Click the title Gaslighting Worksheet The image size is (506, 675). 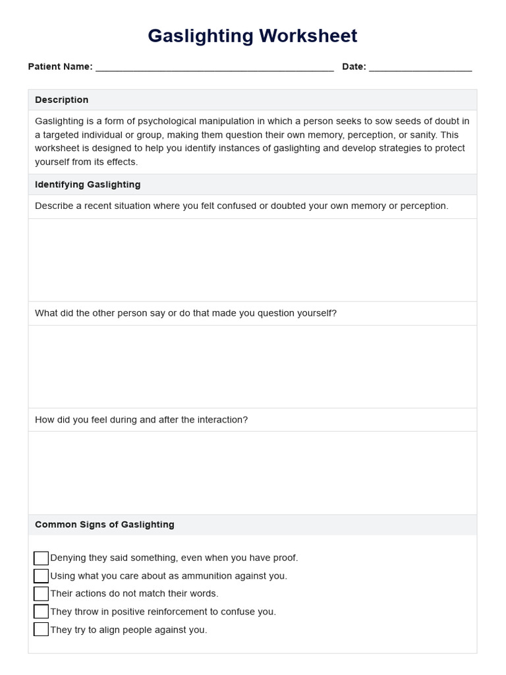coord(252,36)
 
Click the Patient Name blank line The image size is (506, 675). coord(214,67)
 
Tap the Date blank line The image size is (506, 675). coord(420,67)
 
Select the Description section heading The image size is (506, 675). coord(61,100)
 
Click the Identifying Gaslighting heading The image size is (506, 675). coord(88,185)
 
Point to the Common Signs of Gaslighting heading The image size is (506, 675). coord(104,525)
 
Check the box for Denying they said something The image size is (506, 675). coord(41,558)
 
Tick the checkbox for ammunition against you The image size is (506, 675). coord(41,576)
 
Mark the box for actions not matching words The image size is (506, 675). coord(41,594)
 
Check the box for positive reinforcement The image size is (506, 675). coord(41,612)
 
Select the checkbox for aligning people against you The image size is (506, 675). coord(41,630)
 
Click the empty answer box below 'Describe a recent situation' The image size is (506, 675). coord(252,260)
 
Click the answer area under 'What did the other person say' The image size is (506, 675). coord(252,367)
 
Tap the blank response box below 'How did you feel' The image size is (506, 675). coord(252,473)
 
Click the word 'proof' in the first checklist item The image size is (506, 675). coord(284,558)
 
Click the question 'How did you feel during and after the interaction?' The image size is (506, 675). coord(141,420)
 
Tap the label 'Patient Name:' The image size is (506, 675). coord(60,67)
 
